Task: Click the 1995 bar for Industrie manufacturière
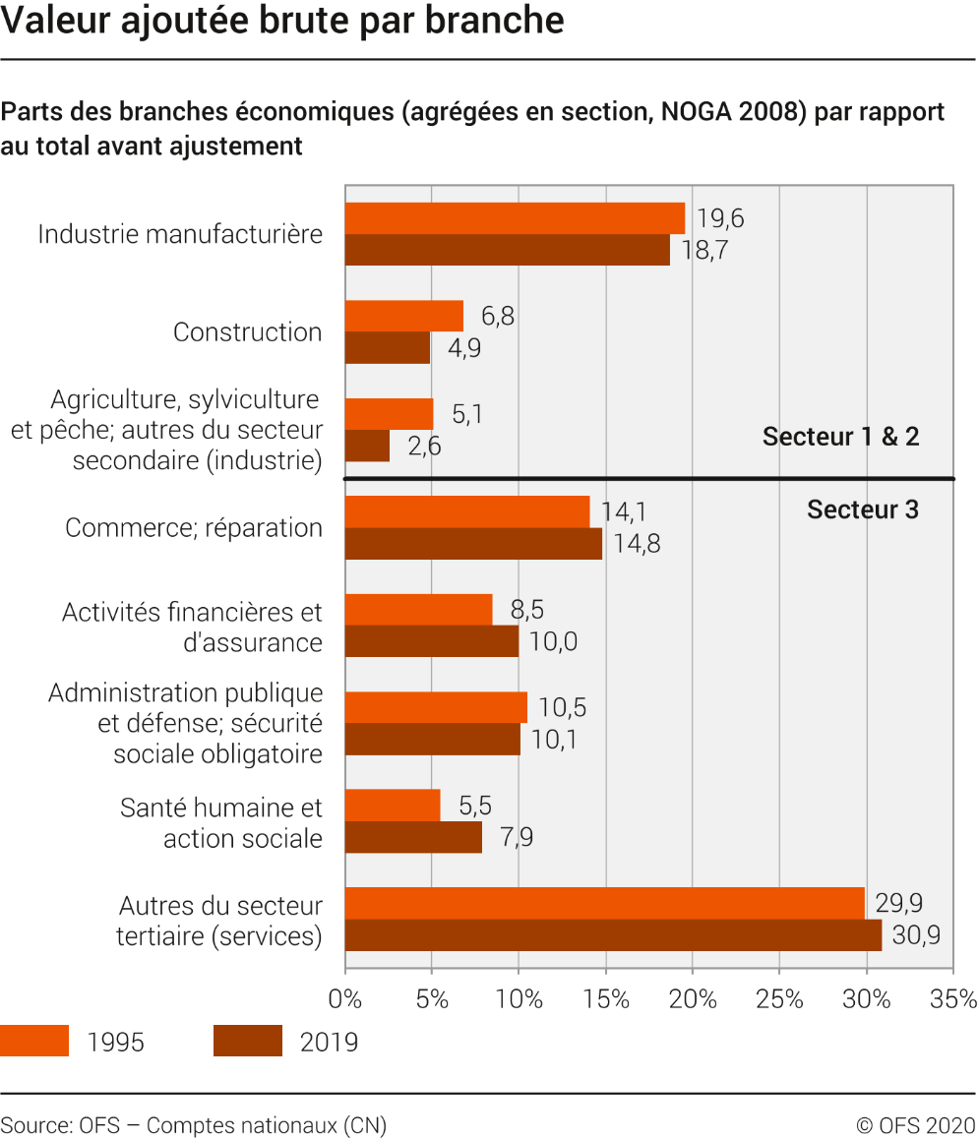click(516, 218)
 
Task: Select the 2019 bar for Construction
click(388, 348)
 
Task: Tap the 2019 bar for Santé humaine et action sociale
click(413, 838)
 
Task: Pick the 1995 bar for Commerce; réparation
click(467, 512)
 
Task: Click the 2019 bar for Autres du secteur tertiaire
click(613, 934)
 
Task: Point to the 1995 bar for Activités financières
click(418, 610)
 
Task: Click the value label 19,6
click(720, 218)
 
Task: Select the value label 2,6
click(424, 446)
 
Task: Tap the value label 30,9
click(916, 934)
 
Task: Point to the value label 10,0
click(554, 641)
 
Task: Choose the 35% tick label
click(953, 999)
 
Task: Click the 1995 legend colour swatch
click(34, 1041)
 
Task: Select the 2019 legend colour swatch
click(248, 1041)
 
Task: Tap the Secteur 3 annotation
click(863, 510)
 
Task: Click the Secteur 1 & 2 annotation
click(840, 436)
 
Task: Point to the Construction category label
click(248, 332)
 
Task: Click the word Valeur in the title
click(56, 20)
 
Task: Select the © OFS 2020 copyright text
click(915, 1125)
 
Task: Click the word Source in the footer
click(34, 1125)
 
